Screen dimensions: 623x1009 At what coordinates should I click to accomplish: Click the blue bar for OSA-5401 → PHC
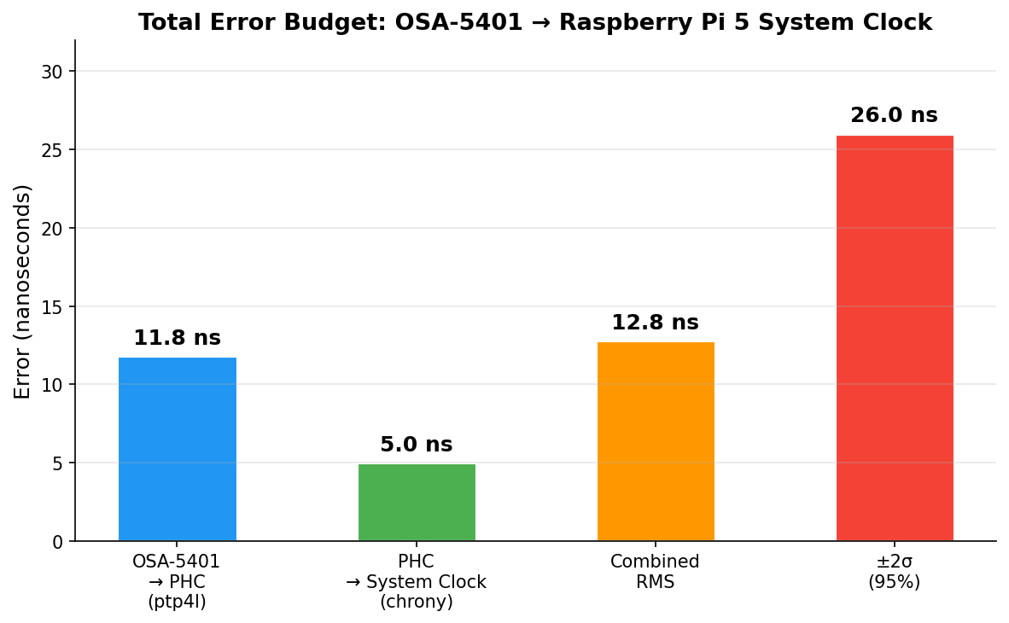177,450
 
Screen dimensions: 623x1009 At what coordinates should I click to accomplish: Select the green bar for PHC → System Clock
417,503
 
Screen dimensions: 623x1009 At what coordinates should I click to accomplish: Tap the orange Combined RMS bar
656,442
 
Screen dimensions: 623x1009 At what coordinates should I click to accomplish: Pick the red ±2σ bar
895,339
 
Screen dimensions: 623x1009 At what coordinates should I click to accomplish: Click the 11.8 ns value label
177,339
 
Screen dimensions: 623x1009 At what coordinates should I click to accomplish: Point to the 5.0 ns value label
417,445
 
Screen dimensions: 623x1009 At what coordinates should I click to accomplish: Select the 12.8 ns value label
655,323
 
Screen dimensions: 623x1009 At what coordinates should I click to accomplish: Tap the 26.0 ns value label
894,116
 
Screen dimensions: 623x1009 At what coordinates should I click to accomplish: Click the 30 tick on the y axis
52,72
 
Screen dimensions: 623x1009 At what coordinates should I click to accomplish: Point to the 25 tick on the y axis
52,150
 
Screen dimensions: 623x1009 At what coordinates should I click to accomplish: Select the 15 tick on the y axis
52,307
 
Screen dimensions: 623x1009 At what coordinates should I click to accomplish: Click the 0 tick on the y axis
57,542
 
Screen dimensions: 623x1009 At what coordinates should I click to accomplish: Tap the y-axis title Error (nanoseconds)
23,291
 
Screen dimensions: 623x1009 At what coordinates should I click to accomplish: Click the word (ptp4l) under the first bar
177,603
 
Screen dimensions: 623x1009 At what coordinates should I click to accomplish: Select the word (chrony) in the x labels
416,603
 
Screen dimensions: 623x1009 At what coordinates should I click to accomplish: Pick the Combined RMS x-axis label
655,573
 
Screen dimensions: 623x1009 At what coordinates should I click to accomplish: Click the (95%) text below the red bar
894,583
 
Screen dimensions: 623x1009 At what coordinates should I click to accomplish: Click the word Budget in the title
343,23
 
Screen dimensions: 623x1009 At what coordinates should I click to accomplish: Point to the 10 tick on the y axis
52,386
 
